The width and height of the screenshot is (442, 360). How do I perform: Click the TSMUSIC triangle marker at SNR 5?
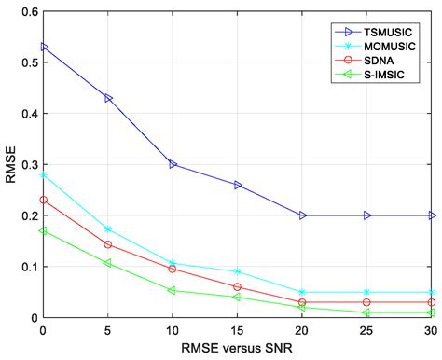tap(108, 97)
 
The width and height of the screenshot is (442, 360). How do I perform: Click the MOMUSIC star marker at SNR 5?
tap(108, 228)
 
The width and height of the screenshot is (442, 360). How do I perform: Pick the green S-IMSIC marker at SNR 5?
tap(108, 263)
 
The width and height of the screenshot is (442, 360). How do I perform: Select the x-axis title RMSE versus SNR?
tap(237, 351)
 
